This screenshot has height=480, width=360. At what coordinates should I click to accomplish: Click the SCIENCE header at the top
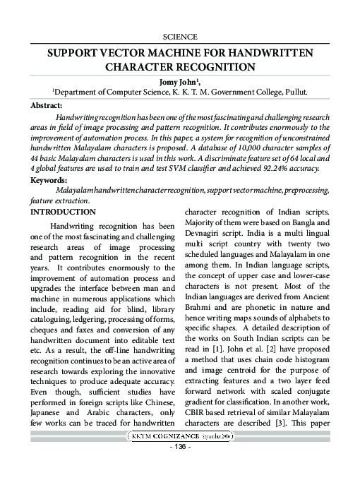coord(180,36)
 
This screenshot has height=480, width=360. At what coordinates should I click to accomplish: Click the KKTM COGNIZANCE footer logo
coord(180,437)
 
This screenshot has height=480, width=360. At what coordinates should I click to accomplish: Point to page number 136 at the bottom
coord(180,449)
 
